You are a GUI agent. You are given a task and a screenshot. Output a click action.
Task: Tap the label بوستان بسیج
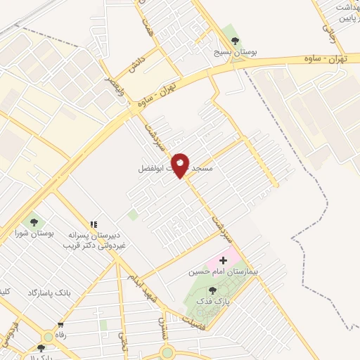tap(236, 53)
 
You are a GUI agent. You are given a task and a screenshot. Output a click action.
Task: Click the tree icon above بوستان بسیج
tap(235, 40)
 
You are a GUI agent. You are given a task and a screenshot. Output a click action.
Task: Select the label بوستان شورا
tap(34, 233)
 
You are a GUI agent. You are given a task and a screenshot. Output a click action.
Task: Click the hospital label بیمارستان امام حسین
tap(218, 271)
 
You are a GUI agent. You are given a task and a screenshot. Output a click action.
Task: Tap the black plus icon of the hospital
tap(214, 261)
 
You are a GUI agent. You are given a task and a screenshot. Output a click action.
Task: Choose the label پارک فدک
tap(214, 301)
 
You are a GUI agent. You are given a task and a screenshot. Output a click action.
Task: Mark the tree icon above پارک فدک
tap(212, 290)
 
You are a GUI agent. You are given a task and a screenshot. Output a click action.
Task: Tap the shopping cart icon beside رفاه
tap(60, 326)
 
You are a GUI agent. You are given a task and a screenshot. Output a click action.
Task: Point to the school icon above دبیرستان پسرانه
tap(94, 223)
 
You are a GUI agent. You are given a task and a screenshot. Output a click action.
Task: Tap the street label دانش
tap(135, 67)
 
